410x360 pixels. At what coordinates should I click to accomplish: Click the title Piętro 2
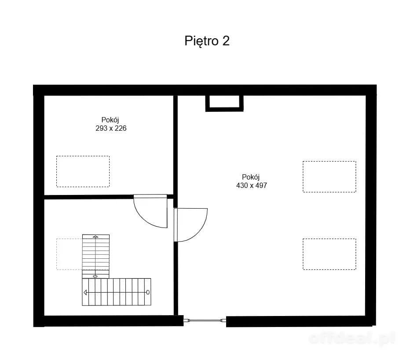click(207, 41)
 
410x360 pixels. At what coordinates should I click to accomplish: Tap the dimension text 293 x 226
click(111, 128)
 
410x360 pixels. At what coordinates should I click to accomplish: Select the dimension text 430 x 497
click(252, 185)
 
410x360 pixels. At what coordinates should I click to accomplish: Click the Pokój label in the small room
click(110, 120)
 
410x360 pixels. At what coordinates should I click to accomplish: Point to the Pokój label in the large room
click(250, 177)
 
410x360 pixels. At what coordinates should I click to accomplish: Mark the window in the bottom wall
click(205, 320)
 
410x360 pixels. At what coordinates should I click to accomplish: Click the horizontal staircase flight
click(117, 292)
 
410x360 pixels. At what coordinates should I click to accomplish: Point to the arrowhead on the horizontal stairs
click(85, 292)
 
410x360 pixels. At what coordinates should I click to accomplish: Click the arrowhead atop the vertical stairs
click(96, 237)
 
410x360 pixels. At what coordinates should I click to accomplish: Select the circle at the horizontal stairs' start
click(148, 292)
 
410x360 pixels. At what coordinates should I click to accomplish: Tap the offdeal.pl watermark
click(352, 338)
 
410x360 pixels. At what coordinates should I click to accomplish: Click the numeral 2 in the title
click(226, 41)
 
